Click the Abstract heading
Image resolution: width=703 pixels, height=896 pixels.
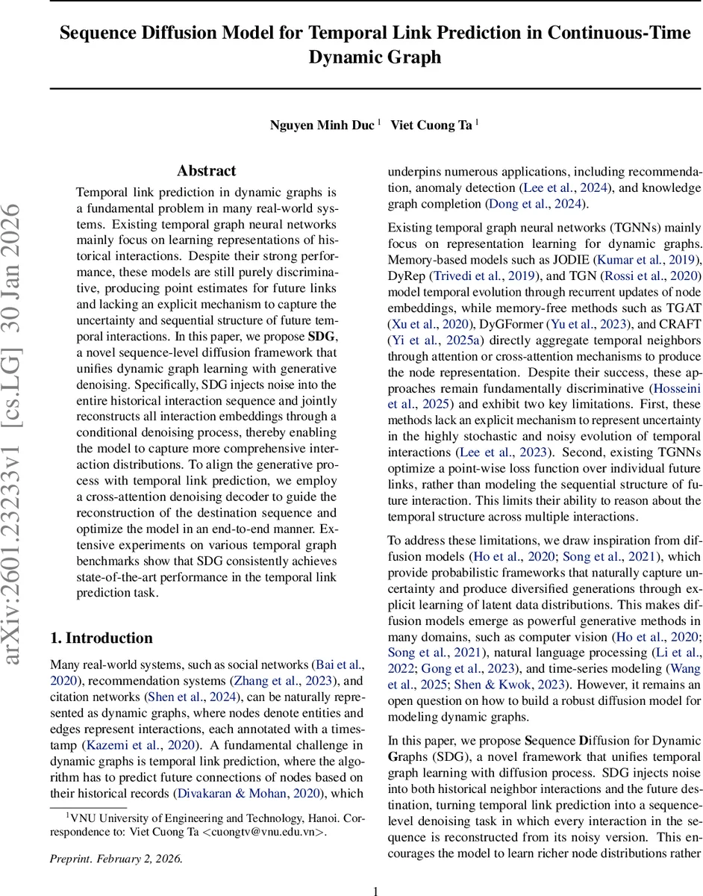(206, 171)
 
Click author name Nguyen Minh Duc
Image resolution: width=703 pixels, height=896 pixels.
(322, 125)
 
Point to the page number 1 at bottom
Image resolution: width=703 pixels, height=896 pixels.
(376, 884)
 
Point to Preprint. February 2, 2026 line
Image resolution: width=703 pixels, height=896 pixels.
(116, 859)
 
